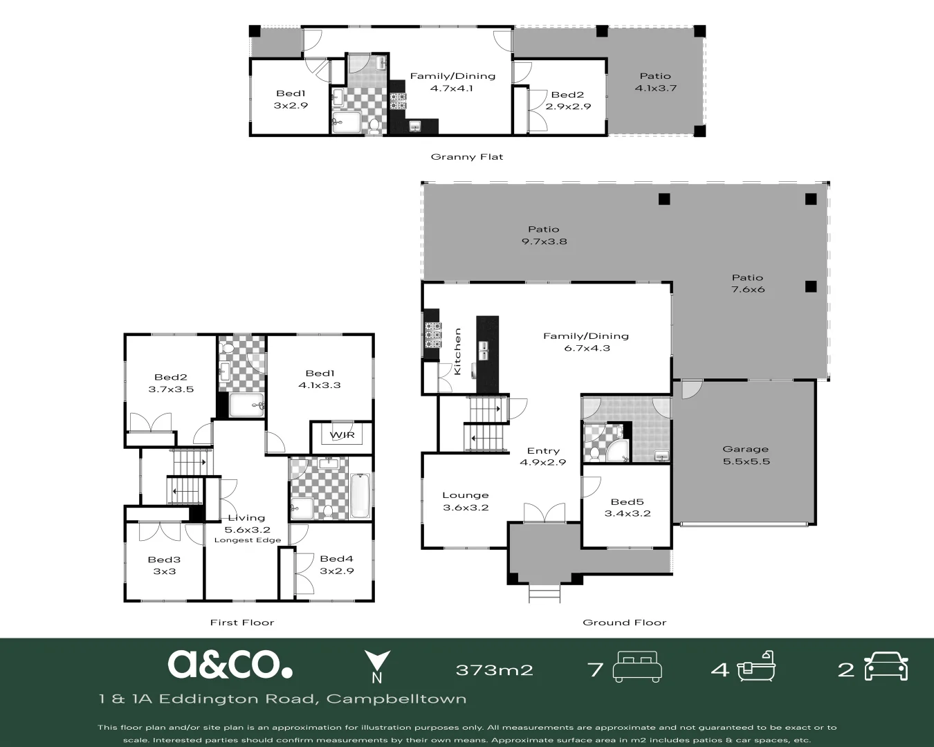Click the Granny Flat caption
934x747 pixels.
pos(466,157)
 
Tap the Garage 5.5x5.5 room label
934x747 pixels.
pos(746,455)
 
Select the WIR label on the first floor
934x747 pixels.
pos(342,435)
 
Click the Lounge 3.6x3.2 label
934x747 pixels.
pos(466,501)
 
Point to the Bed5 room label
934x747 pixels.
pos(627,508)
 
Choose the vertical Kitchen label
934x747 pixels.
pos(457,351)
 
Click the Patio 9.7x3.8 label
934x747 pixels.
pos(544,235)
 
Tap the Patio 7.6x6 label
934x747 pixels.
pos(747,284)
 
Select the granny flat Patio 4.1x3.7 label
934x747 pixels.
pos(655,82)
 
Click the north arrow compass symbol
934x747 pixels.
pos(377,667)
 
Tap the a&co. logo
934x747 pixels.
pos(230,664)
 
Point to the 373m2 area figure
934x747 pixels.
pos(495,670)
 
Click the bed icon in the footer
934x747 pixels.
pos(637,667)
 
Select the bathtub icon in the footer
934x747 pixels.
pos(756,666)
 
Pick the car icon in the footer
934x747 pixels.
pos(886,666)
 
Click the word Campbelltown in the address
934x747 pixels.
pos(396,699)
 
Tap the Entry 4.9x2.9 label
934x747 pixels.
pos(543,456)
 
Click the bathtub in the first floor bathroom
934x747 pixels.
pos(360,496)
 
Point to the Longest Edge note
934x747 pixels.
pos(248,540)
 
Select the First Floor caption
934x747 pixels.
pos(241,622)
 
